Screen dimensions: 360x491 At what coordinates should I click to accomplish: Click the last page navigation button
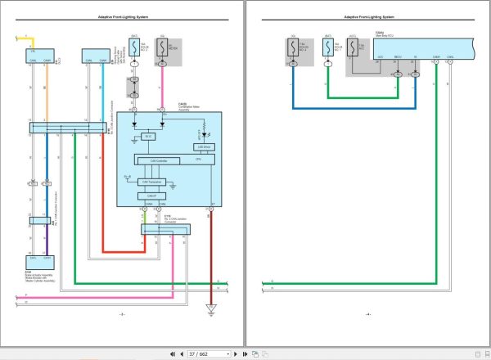245,353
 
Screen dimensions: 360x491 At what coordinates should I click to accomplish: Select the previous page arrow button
182,353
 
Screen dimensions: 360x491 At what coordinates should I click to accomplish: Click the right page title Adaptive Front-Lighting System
367,17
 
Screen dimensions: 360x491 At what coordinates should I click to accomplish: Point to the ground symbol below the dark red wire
211,308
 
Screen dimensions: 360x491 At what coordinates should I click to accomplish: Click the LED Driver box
204,146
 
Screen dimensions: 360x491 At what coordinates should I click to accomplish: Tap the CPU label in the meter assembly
197,160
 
